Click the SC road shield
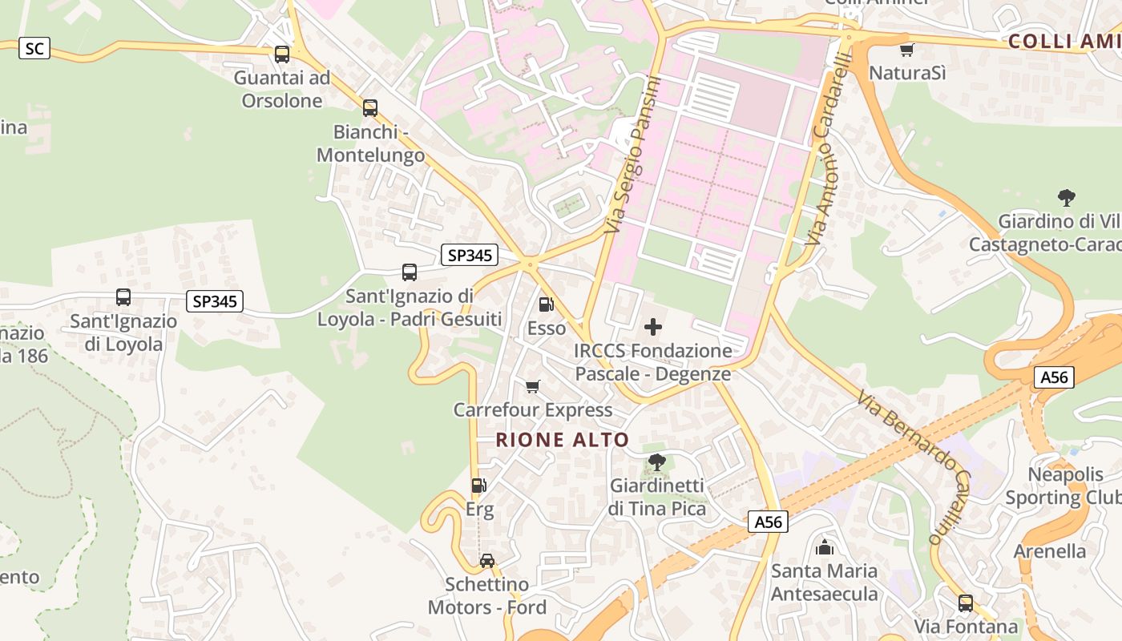[34, 49]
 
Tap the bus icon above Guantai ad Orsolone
[282, 54]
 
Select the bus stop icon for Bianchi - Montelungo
[369, 108]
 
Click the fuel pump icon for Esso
[546, 304]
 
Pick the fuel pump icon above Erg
[478, 486]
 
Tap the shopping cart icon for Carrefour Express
[532, 387]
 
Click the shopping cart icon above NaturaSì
[906, 50]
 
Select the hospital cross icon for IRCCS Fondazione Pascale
[653, 327]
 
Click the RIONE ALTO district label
[563, 440]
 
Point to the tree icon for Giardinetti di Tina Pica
[656, 462]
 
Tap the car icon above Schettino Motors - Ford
[486, 560]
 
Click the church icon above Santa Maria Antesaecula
[824, 548]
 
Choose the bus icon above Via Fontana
[966, 603]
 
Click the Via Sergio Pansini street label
[633, 155]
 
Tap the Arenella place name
[1050, 551]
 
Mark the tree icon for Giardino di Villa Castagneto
[1066, 197]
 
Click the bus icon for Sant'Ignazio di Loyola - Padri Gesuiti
[410, 272]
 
